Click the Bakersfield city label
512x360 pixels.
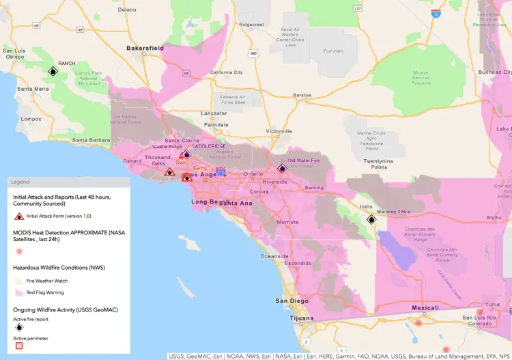pyautogui.click(x=145, y=49)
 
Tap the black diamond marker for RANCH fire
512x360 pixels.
pyautogui.click(x=53, y=71)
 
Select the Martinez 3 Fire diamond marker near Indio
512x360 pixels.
pyautogui.click(x=371, y=219)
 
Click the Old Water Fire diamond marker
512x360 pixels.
pyautogui.click(x=282, y=168)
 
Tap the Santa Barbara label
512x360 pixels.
pyautogui.click(x=90, y=141)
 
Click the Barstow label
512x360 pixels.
pyautogui.click(x=302, y=95)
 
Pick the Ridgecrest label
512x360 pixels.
pyautogui.click(x=251, y=24)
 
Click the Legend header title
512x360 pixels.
pyautogui.click(x=20, y=182)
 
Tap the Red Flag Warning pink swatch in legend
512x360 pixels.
pyautogui.click(x=19, y=292)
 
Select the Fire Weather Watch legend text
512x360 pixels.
pyautogui.click(x=48, y=281)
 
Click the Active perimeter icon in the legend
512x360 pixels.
pyautogui.click(x=19, y=346)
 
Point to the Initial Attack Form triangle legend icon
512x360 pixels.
pyautogui.click(x=19, y=216)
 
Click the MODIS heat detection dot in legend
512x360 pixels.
pyautogui.click(x=19, y=251)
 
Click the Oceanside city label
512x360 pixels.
pyautogui.click(x=275, y=256)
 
